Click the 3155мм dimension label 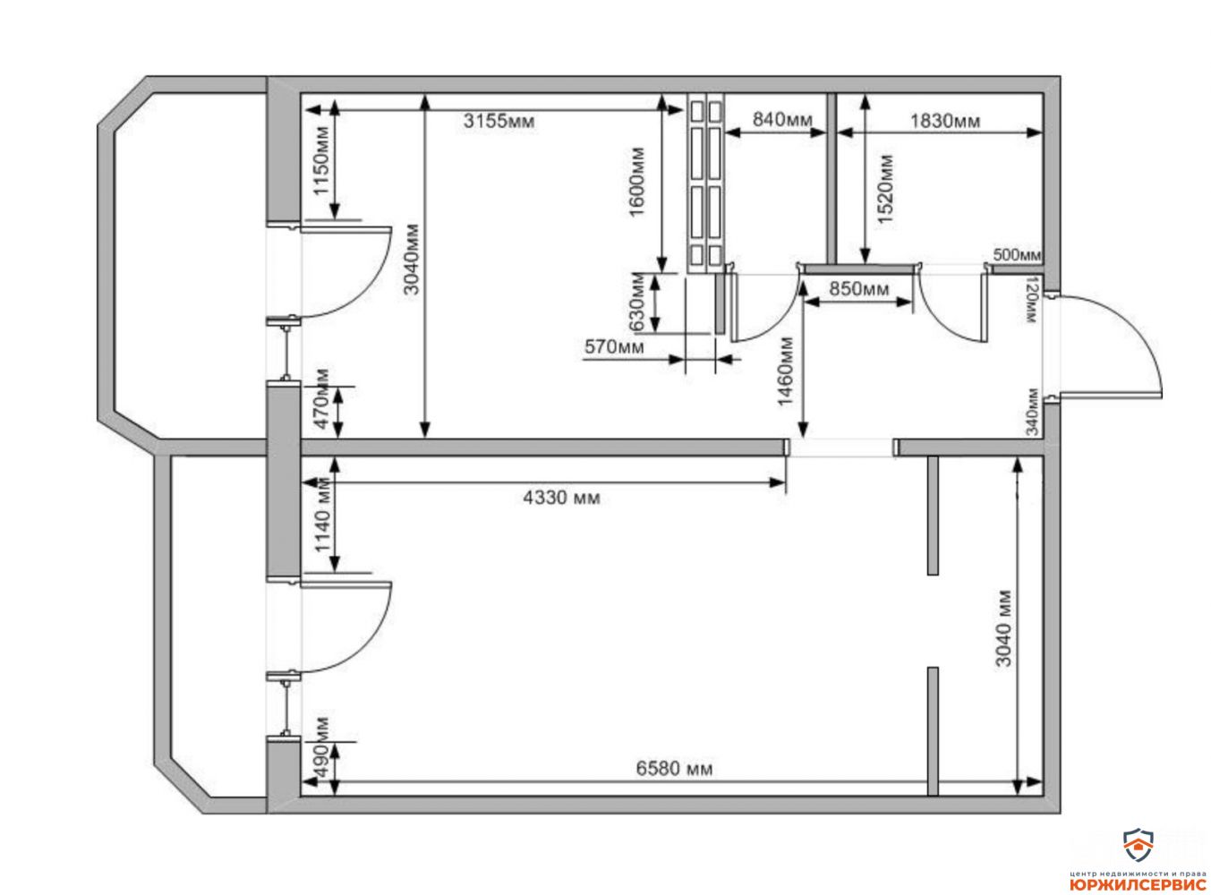(499, 121)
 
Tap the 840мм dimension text (781, 118)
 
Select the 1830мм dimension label (944, 120)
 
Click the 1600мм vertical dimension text (636, 182)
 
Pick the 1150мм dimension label (320, 160)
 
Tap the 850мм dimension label (859, 288)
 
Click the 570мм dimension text (614, 346)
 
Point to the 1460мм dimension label (786, 371)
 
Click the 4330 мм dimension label (561, 498)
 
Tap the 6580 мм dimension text (674, 769)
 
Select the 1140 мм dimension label (322, 516)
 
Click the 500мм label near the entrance (1017, 254)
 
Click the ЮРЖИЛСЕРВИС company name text (1125, 884)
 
